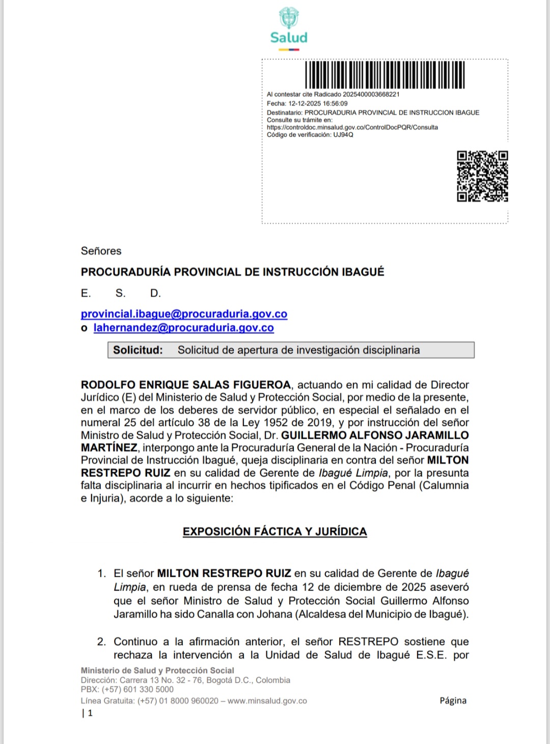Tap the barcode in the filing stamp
[x=385, y=75]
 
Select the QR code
[x=482, y=176]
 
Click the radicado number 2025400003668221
[x=371, y=94]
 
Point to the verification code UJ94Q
[x=343, y=135]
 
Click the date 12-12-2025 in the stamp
[x=305, y=103]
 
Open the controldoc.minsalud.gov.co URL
[x=352, y=127]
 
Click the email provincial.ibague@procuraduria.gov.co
[x=184, y=314]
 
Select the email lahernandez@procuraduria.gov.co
[x=183, y=328]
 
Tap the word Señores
[x=101, y=251]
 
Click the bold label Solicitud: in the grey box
[x=137, y=350]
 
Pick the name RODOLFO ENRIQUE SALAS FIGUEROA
[x=186, y=385]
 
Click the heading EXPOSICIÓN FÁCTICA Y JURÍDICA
[x=274, y=532]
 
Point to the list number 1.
[x=101, y=574]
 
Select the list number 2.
[x=101, y=642]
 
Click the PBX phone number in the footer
[x=138, y=689]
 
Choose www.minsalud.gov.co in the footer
[x=267, y=701]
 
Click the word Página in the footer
[x=453, y=701]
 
